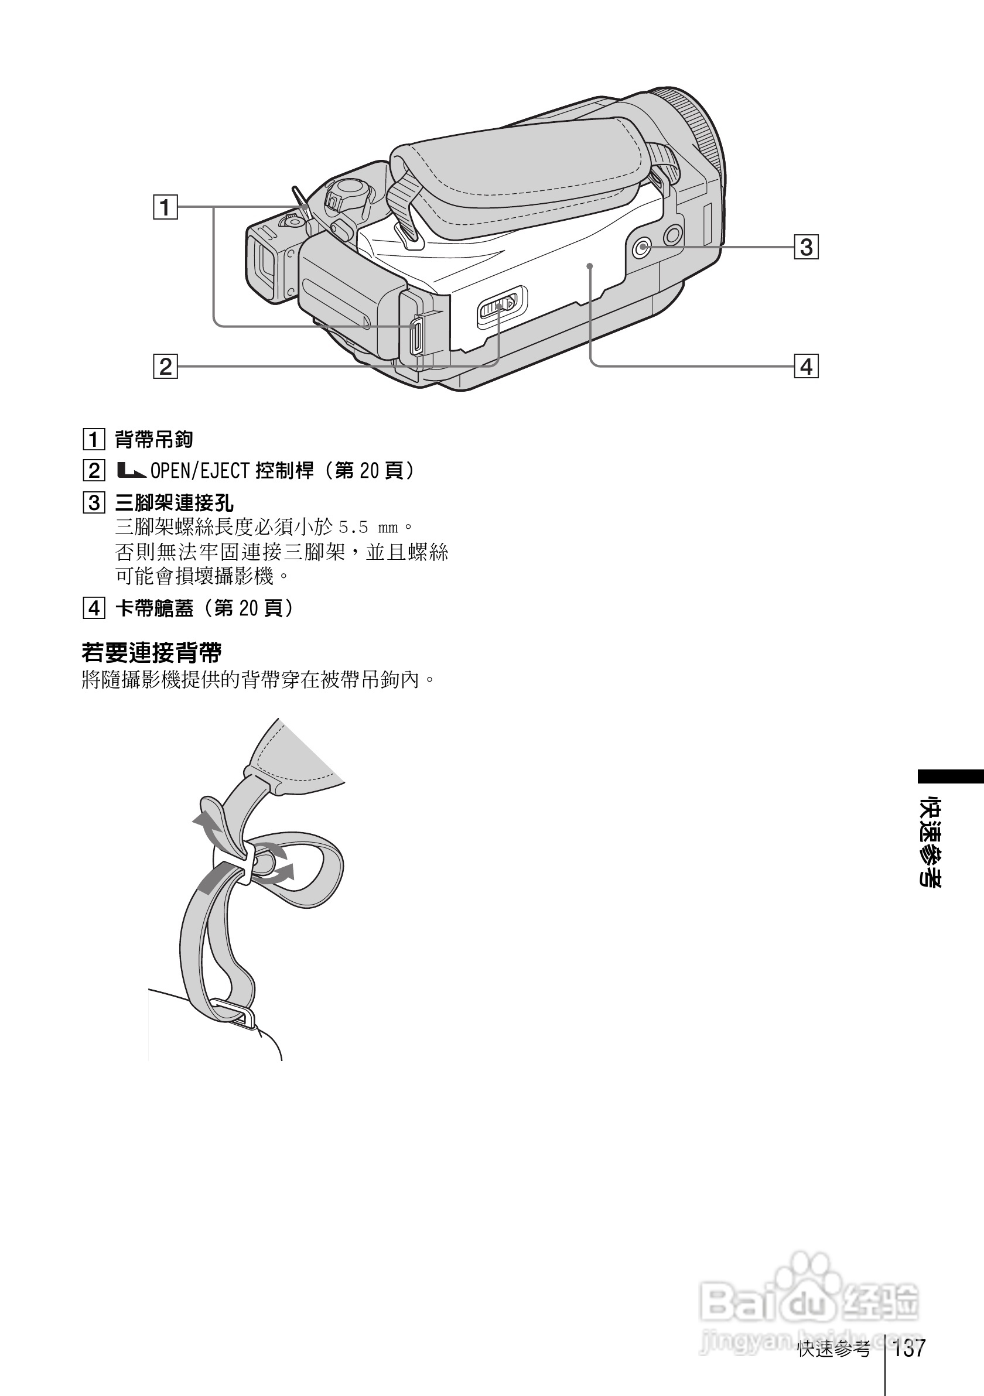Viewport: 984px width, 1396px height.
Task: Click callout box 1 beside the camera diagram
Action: (x=165, y=207)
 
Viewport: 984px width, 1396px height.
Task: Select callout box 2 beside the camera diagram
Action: (x=165, y=367)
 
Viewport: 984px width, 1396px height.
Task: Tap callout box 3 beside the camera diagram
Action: (x=807, y=248)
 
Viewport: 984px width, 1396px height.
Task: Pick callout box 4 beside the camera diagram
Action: (x=807, y=367)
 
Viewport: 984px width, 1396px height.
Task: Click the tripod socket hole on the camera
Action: (x=642, y=248)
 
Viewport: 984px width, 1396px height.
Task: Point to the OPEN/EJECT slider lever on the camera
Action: (x=497, y=306)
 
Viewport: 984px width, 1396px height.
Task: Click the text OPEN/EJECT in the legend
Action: (x=200, y=471)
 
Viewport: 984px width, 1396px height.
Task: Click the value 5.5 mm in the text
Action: (x=368, y=527)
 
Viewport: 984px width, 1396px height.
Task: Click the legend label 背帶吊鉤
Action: (x=154, y=439)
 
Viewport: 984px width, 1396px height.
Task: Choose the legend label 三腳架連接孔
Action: (x=174, y=503)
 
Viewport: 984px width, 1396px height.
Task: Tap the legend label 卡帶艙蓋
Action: (x=155, y=608)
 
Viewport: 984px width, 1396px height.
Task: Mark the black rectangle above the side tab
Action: (x=950, y=777)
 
